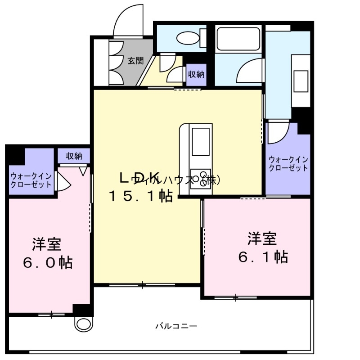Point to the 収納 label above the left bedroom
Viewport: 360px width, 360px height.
point(74,156)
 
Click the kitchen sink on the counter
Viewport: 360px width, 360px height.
point(200,141)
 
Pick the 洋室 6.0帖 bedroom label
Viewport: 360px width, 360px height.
point(48,253)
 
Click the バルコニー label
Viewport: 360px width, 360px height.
point(176,326)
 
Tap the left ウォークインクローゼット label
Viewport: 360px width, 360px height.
point(31,180)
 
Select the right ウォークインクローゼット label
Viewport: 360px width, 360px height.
point(288,164)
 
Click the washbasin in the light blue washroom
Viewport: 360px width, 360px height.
point(301,81)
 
